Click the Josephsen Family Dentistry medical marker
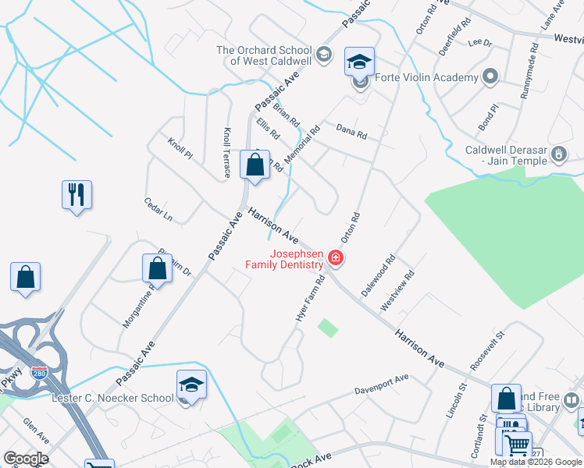[336, 257]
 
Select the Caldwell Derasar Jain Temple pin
[559, 154]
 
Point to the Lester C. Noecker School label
[112, 398]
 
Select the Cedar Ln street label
[158, 209]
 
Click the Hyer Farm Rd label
[309, 300]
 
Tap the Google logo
[26, 458]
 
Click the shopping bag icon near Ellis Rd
[255, 165]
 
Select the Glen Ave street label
[36, 426]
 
